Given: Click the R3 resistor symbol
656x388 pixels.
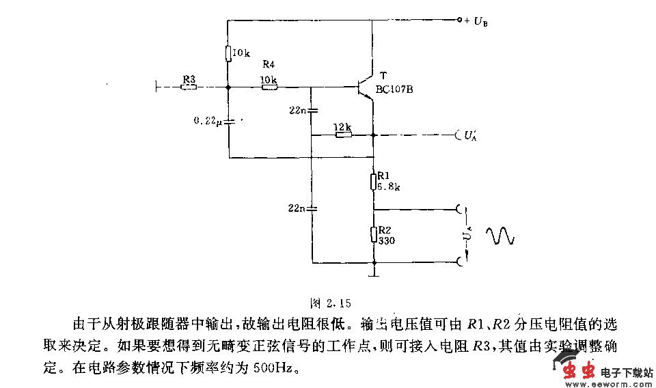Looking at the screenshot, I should [189, 87].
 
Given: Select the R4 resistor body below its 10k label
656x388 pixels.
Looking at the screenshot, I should [269, 87].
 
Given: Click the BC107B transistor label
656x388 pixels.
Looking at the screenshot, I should [394, 89].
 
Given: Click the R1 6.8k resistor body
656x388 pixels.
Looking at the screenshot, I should [374, 181].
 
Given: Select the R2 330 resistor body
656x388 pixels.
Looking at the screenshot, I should [374, 234].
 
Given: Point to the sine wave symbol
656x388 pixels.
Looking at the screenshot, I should [500, 236].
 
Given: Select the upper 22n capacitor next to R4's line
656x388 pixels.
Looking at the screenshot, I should [311, 110].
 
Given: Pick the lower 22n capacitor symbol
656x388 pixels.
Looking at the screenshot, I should [311, 208].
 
